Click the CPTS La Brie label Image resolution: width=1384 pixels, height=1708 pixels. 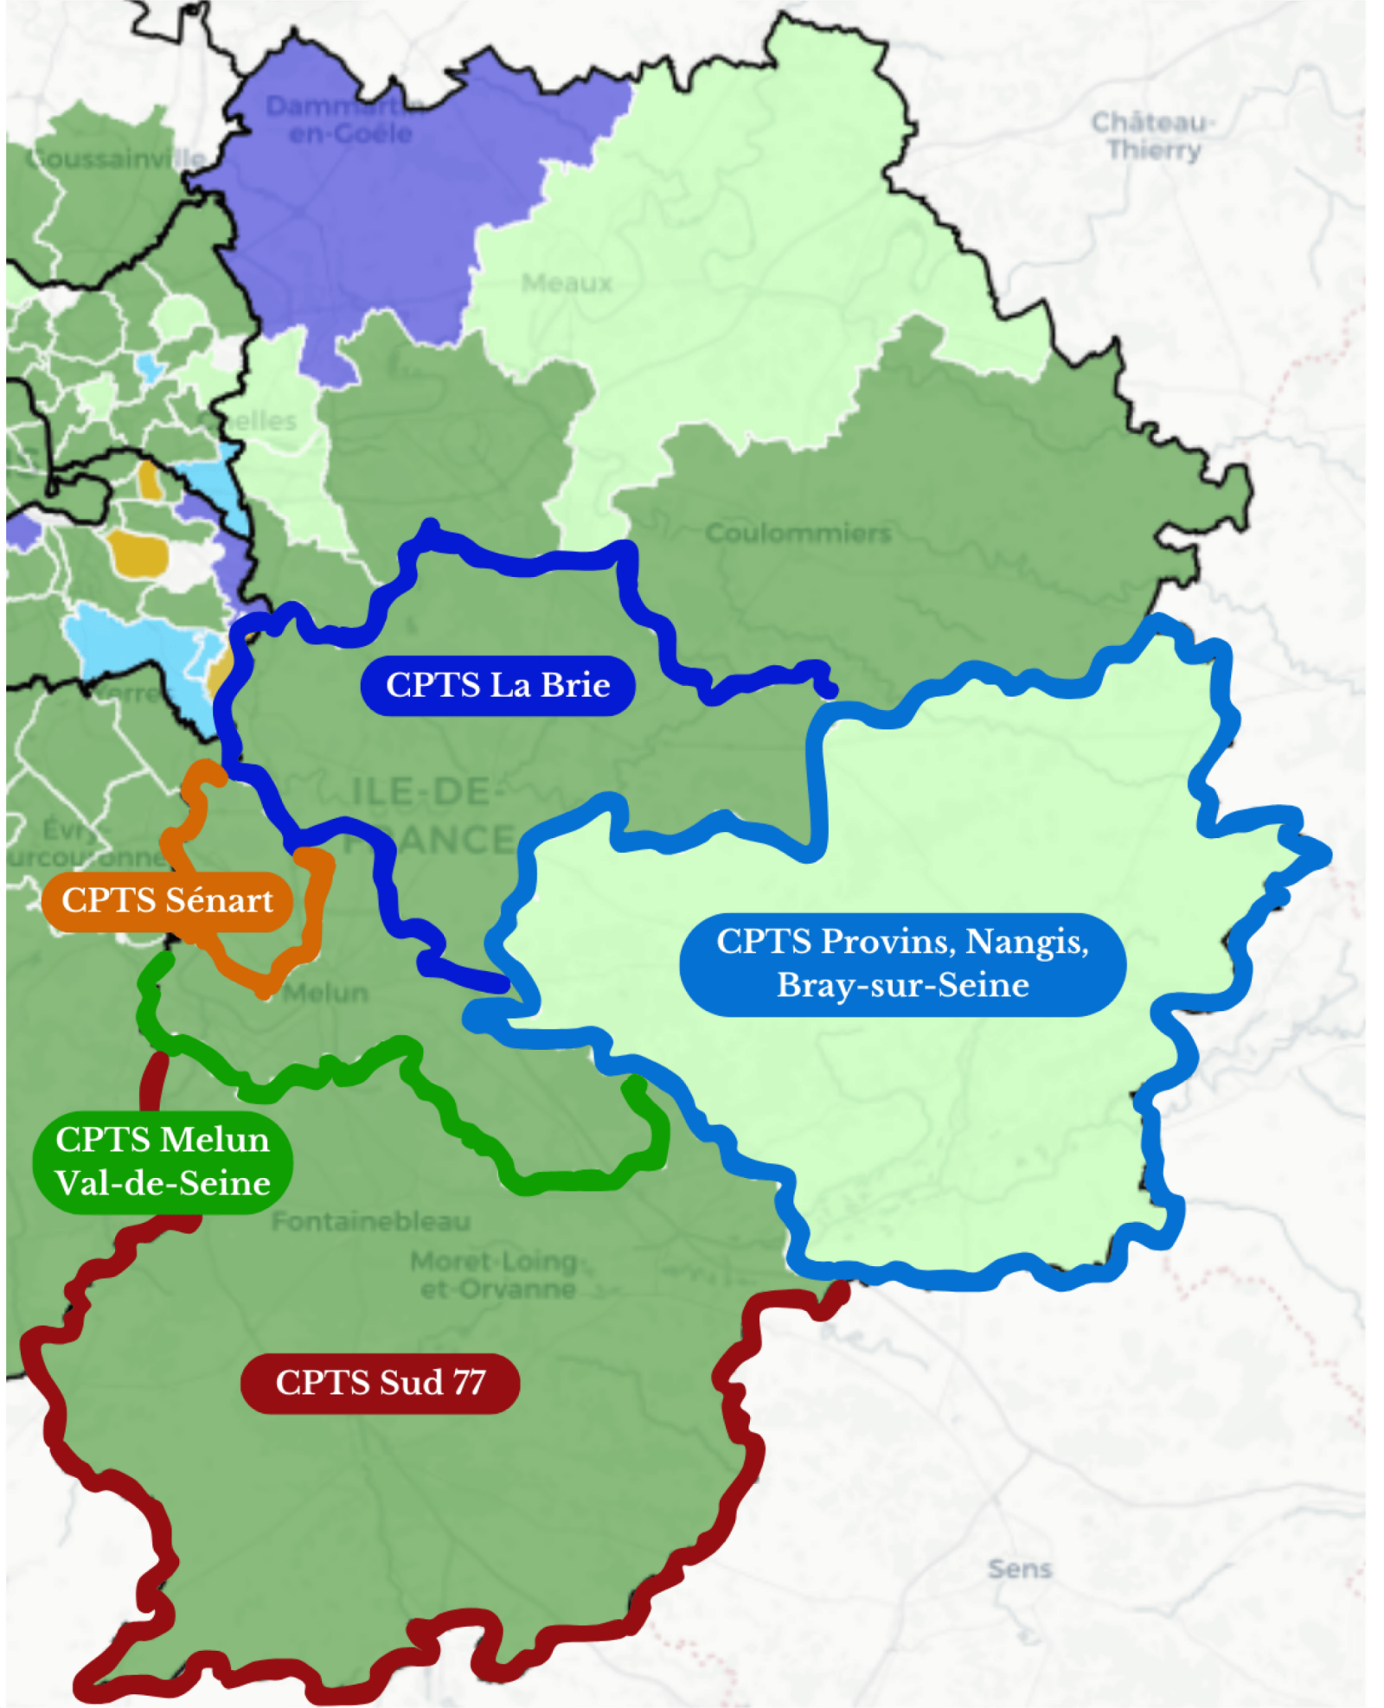[x=497, y=685]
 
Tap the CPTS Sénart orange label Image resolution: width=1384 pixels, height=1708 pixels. [x=167, y=900]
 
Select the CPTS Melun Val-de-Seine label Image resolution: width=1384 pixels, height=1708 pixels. [x=163, y=1161]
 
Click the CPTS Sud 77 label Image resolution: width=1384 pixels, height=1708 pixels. [x=380, y=1382]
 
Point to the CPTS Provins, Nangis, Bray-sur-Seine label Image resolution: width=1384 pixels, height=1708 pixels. [x=902, y=963]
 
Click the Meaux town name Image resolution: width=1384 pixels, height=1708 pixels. [x=567, y=283]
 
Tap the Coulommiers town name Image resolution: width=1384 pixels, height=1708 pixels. [x=798, y=533]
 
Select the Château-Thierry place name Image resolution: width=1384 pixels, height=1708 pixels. [x=1153, y=136]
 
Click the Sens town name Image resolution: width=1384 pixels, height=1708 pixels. [x=1019, y=1569]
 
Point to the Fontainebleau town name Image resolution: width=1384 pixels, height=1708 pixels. [x=371, y=1221]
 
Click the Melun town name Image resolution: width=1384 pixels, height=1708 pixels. [x=325, y=992]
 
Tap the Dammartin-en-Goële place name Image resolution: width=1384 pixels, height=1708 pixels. [x=346, y=119]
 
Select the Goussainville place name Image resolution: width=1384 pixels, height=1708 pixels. [x=117, y=159]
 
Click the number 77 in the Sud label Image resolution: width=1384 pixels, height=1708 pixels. [x=468, y=1382]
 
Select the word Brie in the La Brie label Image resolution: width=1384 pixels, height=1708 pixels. [x=576, y=685]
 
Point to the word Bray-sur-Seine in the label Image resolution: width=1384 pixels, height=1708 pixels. [x=902, y=985]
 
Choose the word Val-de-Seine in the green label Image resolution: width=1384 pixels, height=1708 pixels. [x=163, y=1183]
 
